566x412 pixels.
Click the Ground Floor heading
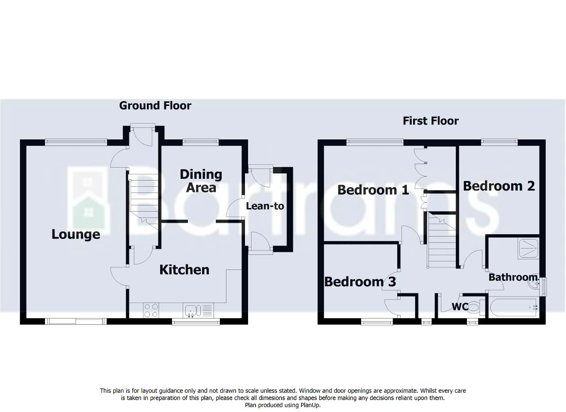pyautogui.click(x=155, y=105)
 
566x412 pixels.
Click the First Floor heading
pyautogui.click(x=430, y=121)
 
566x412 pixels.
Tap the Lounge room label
pyautogui.click(x=76, y=234)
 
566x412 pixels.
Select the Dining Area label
pyautogui.click(x=201, y=181)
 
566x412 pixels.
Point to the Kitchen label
pyautogui.click(x=184, y=270)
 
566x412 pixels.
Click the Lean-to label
pyautogui.click(x=265, y=206)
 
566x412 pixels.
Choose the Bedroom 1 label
pyautogui.click(x=373, y=190)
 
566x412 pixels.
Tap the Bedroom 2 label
pyautogui.click(x=499, y=186)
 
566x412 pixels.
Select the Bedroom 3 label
pyautogui.click(x=360, y=281)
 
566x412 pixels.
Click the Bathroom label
pyautogui.click(x=512, y=277)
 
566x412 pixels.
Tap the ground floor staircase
pyautogui.click(x=143, y=199)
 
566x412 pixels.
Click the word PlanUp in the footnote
pyautogui.click(x=309, y=405)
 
